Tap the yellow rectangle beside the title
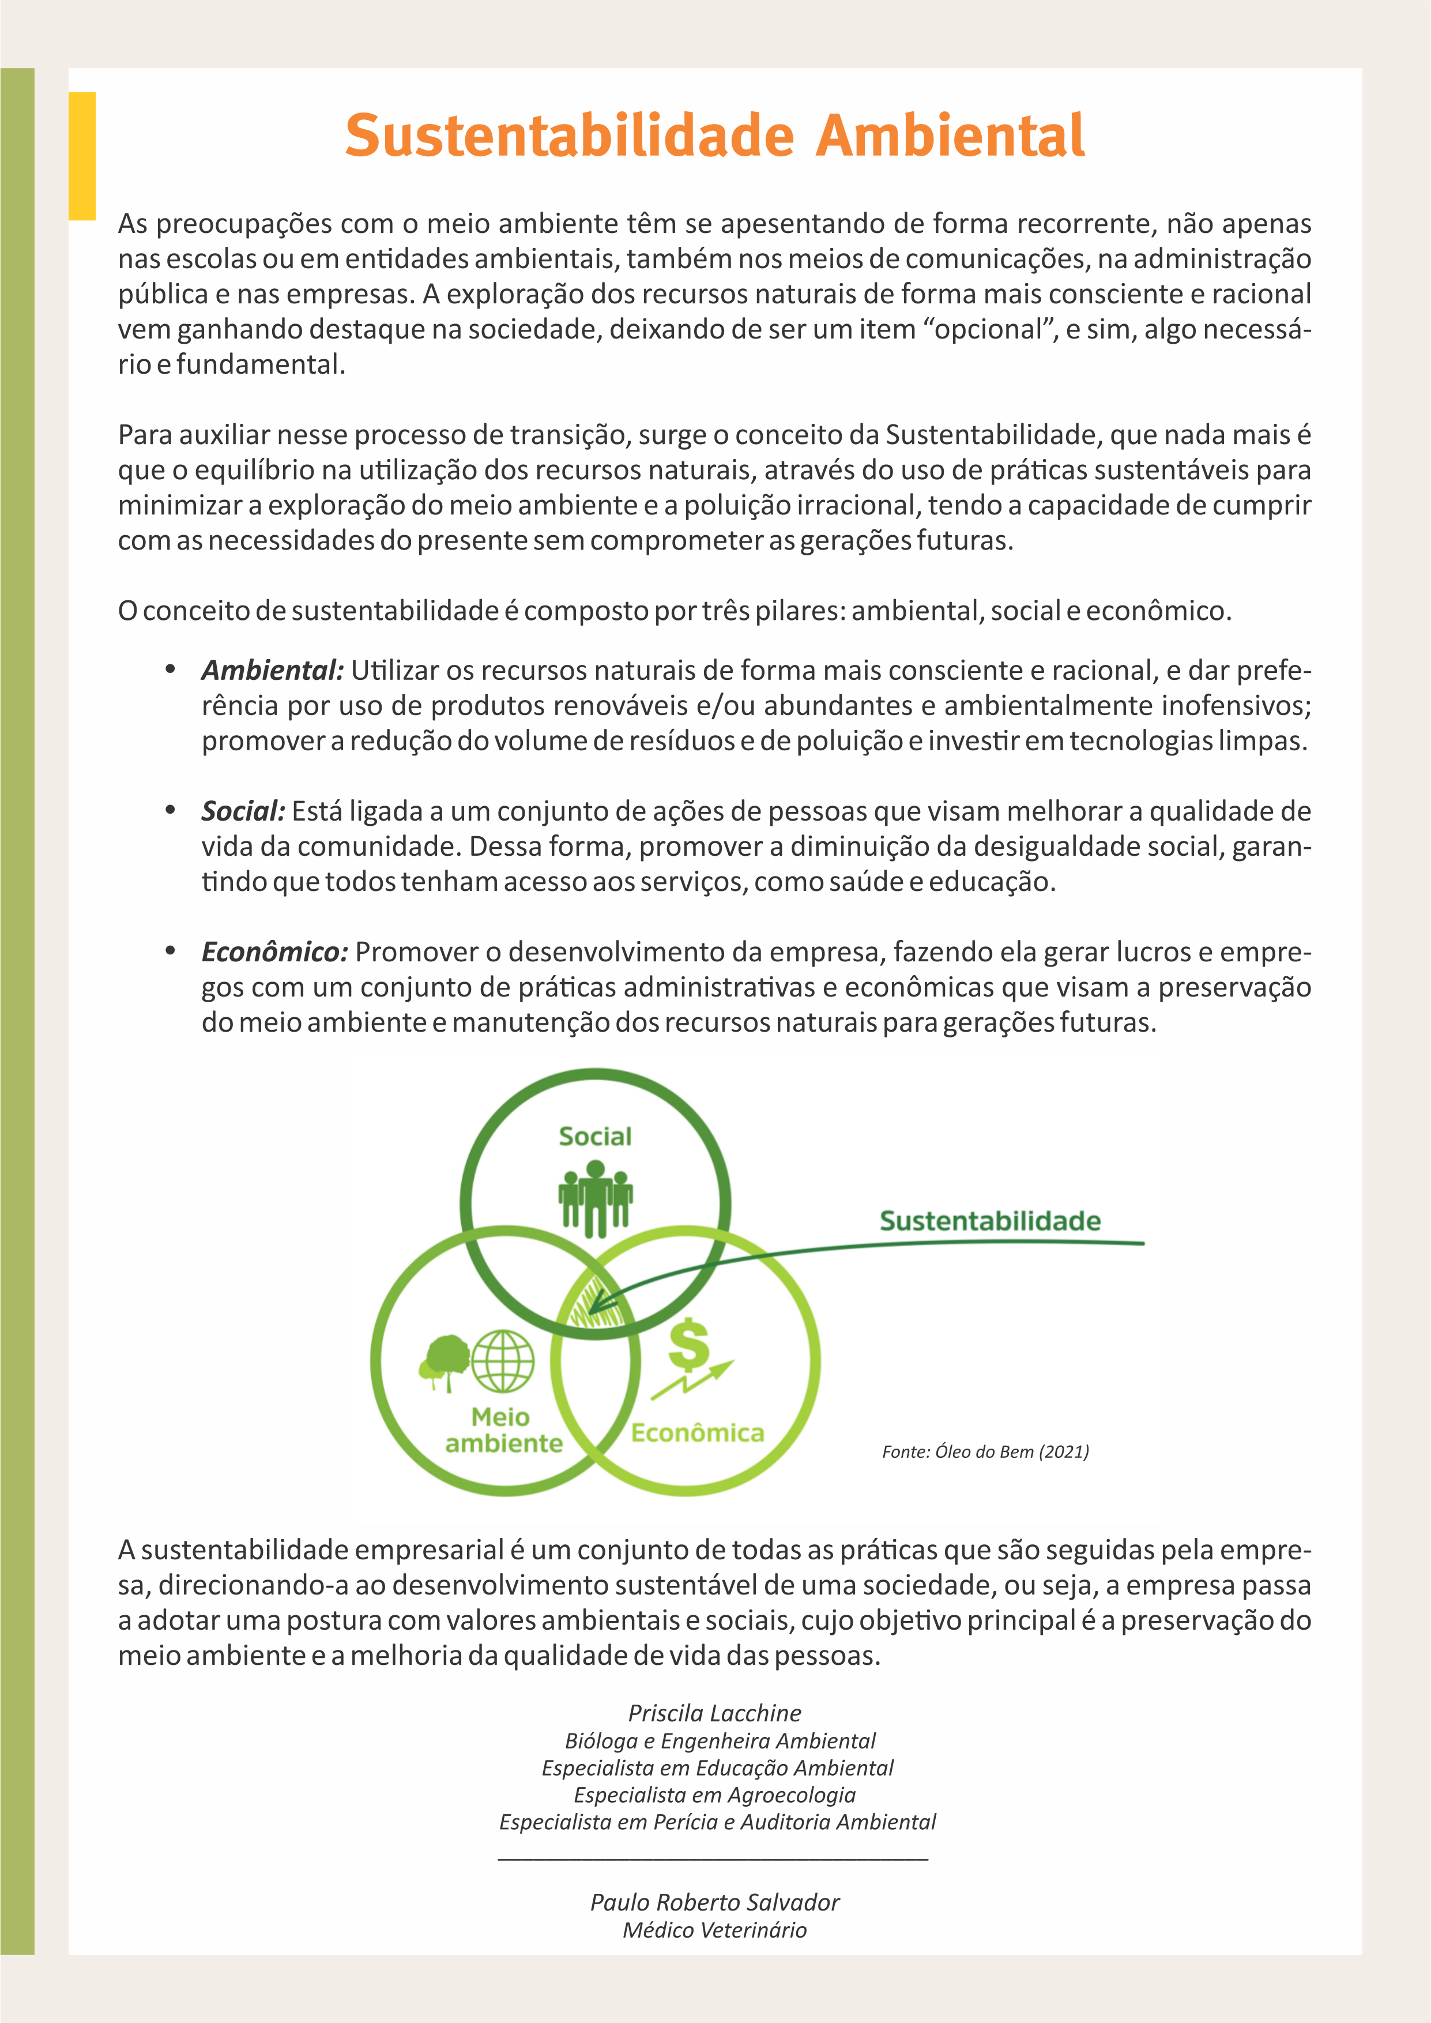(82, 155)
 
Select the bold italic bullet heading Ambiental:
(272, 671)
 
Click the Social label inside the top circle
(595, 1137)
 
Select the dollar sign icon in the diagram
(688, 1345)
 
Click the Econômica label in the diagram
(697, 1432)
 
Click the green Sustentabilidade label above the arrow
(989, 1221)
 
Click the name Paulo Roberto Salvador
(714, 1902)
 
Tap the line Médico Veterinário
(714, 1930)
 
